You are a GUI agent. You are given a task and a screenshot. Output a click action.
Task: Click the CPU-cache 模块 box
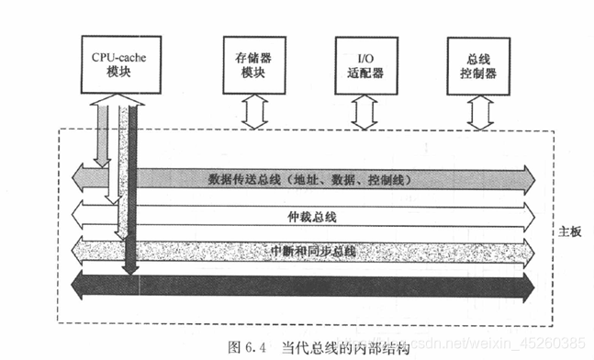[x=119, y=63]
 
